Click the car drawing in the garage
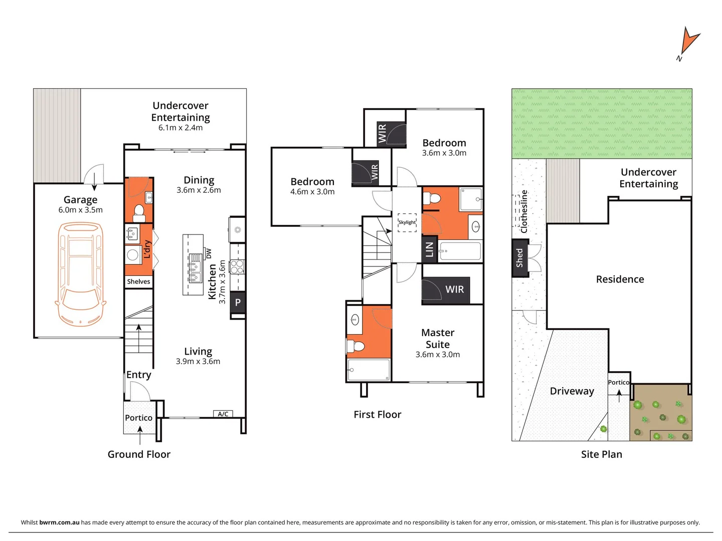point(80,274)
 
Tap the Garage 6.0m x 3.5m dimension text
point(80,210)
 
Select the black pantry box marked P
point(238,303)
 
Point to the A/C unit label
point(223,414)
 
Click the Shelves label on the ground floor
point(138,282)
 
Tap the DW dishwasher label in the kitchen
point(209,253)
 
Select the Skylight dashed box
point(407,222)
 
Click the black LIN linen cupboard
point(429,249)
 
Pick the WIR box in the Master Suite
point(446,290)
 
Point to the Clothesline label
point(524,211)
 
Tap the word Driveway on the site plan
point(572,391)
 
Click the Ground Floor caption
point(139,454)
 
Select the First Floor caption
point(377,414)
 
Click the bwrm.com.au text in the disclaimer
point(59,522)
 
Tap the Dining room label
point(199,180)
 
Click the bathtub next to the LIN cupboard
point(460,251)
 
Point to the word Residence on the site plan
point(620,280)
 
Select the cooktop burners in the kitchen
point(237,266)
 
